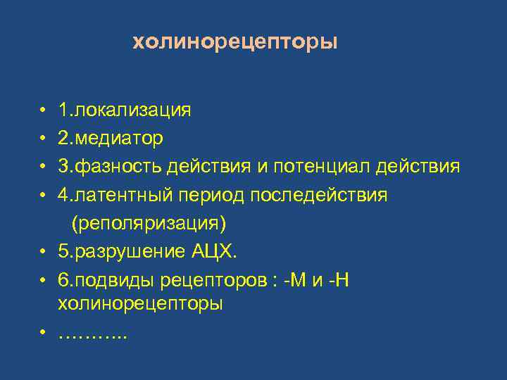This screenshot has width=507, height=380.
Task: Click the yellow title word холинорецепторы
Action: (x=235, y=43)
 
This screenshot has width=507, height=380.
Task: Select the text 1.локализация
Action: (x=125, y=110)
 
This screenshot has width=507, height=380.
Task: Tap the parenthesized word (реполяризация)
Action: (x=148, y=223)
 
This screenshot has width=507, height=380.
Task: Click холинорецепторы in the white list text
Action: (x=140, y=304)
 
